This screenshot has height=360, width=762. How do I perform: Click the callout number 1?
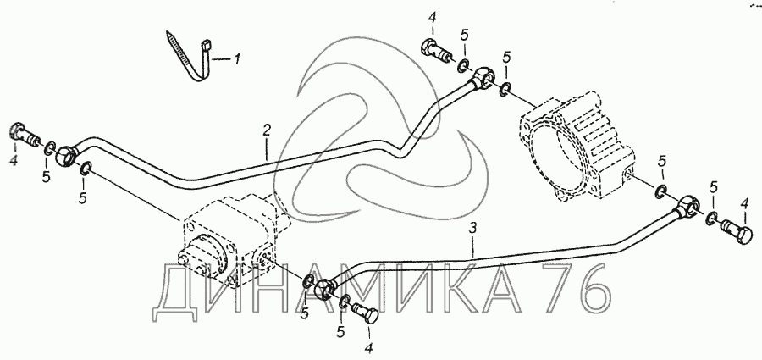[238, 59]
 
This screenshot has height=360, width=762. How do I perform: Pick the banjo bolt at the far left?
[22, 133]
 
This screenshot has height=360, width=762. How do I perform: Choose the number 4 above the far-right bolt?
[744, 202]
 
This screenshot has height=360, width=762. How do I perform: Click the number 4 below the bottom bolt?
[368, 346]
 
